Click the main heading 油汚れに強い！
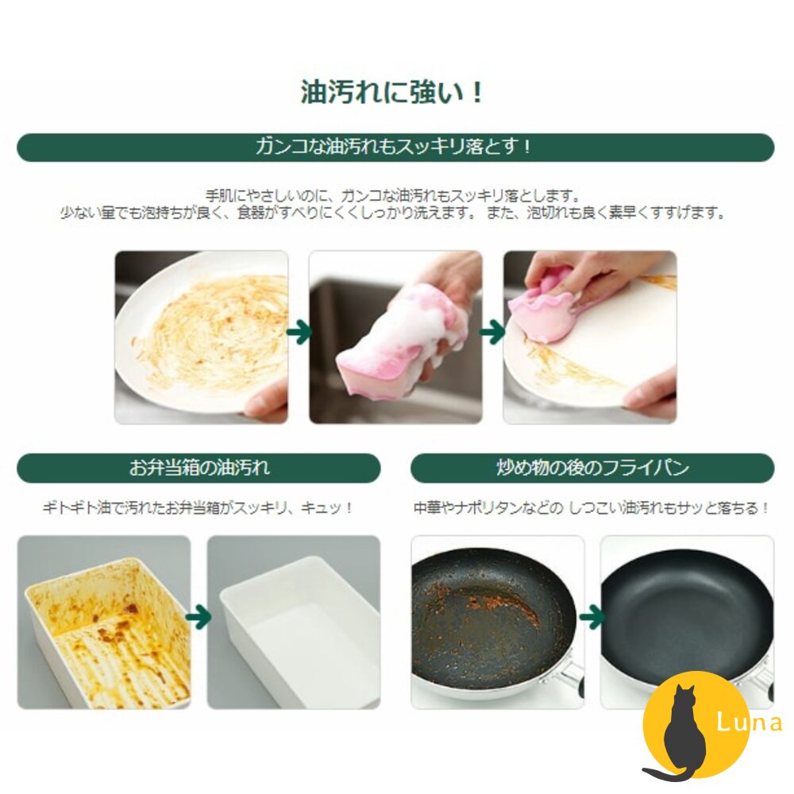click(391, 92)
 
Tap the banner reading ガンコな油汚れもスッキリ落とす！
click(395, 147)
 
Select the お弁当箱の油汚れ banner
click(198, 468)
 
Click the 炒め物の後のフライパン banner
click(592, 468)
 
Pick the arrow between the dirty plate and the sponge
click(299, 333)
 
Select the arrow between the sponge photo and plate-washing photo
click(493, 333)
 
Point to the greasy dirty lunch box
click(107, 631)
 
